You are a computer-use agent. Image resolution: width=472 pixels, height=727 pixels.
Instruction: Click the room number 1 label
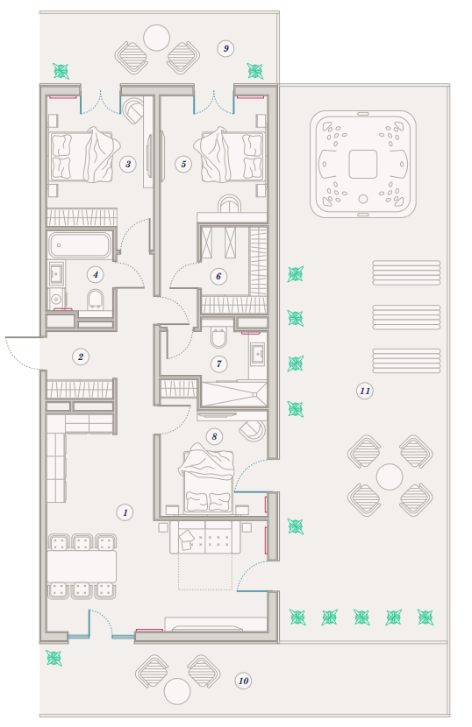coord(125,512)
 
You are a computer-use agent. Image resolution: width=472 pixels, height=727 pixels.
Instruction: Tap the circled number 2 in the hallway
coord(81,356)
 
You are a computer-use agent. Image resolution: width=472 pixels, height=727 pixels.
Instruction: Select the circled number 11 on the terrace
coord(365,391)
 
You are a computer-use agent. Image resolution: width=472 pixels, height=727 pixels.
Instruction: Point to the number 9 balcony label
coord(225,48)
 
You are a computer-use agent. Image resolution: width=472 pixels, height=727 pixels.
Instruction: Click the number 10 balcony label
coord(243,681)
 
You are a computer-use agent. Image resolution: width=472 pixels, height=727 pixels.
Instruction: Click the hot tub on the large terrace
coord(363,164)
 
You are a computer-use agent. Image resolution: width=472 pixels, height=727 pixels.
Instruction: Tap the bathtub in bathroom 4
coord(80,244)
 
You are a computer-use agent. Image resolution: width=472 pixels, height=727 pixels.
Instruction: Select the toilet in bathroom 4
coord(96,300)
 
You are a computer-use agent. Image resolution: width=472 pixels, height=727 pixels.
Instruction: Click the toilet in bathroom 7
coord(218,337)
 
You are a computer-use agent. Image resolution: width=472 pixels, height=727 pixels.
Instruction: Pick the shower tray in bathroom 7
coord(233,393)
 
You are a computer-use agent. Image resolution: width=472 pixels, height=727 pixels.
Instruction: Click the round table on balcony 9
coord(156,38)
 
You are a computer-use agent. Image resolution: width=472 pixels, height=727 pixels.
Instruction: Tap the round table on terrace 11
coord(390,476)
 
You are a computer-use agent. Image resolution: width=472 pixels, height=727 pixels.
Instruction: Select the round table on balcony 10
coord(177,691)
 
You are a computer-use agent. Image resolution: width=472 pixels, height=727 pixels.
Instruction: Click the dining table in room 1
coord(82,566)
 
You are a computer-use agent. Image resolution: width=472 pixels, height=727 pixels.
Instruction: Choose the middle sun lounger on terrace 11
coord(406,317)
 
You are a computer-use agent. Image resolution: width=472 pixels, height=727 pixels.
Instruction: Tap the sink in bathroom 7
coord(257,353)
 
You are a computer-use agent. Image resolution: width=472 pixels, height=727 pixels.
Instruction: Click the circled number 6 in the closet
coord(218,276)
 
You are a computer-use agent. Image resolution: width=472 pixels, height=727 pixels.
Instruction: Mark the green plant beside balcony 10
coord(54,658)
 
